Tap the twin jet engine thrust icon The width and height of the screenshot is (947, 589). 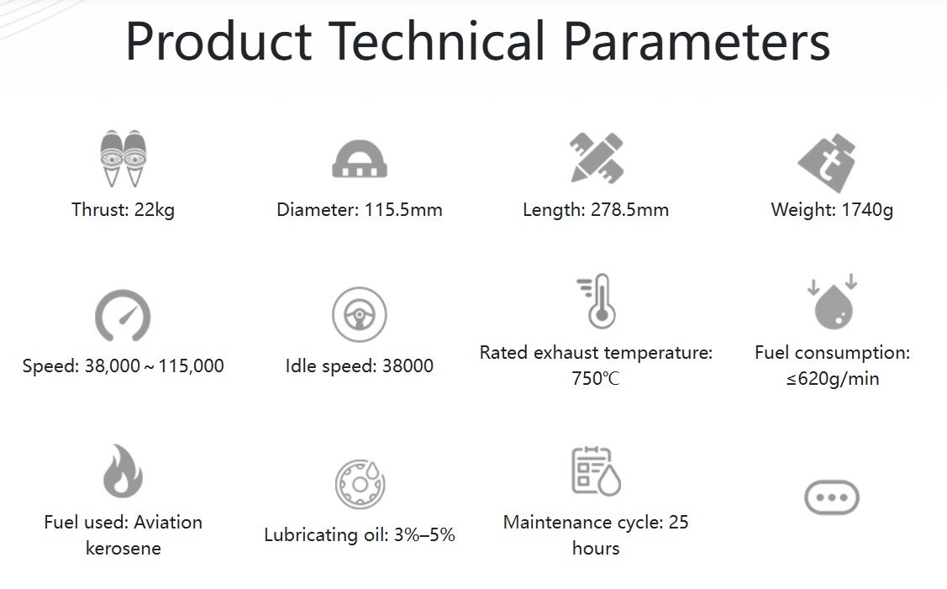[124, 158]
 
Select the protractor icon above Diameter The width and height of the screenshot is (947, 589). [360, 160]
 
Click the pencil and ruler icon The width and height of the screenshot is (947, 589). [597, 158]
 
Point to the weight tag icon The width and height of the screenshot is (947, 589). [828, 162]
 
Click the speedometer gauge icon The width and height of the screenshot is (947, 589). [123, 315]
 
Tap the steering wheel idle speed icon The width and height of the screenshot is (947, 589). [360, 315]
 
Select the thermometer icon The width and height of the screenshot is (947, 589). [597, 301]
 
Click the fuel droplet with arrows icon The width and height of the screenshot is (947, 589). [833, 302]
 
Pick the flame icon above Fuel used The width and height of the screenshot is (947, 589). [123, 471]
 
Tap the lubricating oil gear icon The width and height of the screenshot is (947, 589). [360, 484]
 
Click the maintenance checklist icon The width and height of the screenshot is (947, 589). [596, 471]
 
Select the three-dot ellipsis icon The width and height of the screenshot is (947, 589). [832, 497]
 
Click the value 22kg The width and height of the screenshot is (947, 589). [154, 210]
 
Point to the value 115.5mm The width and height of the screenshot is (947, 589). [402, 210]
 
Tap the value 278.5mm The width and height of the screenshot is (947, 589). [629, 210]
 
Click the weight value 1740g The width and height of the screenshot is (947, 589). [867, 210]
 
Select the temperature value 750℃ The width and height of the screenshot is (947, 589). [596, 379]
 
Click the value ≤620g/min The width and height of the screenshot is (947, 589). [833, 379]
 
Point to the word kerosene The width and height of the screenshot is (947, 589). [124, 549]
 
